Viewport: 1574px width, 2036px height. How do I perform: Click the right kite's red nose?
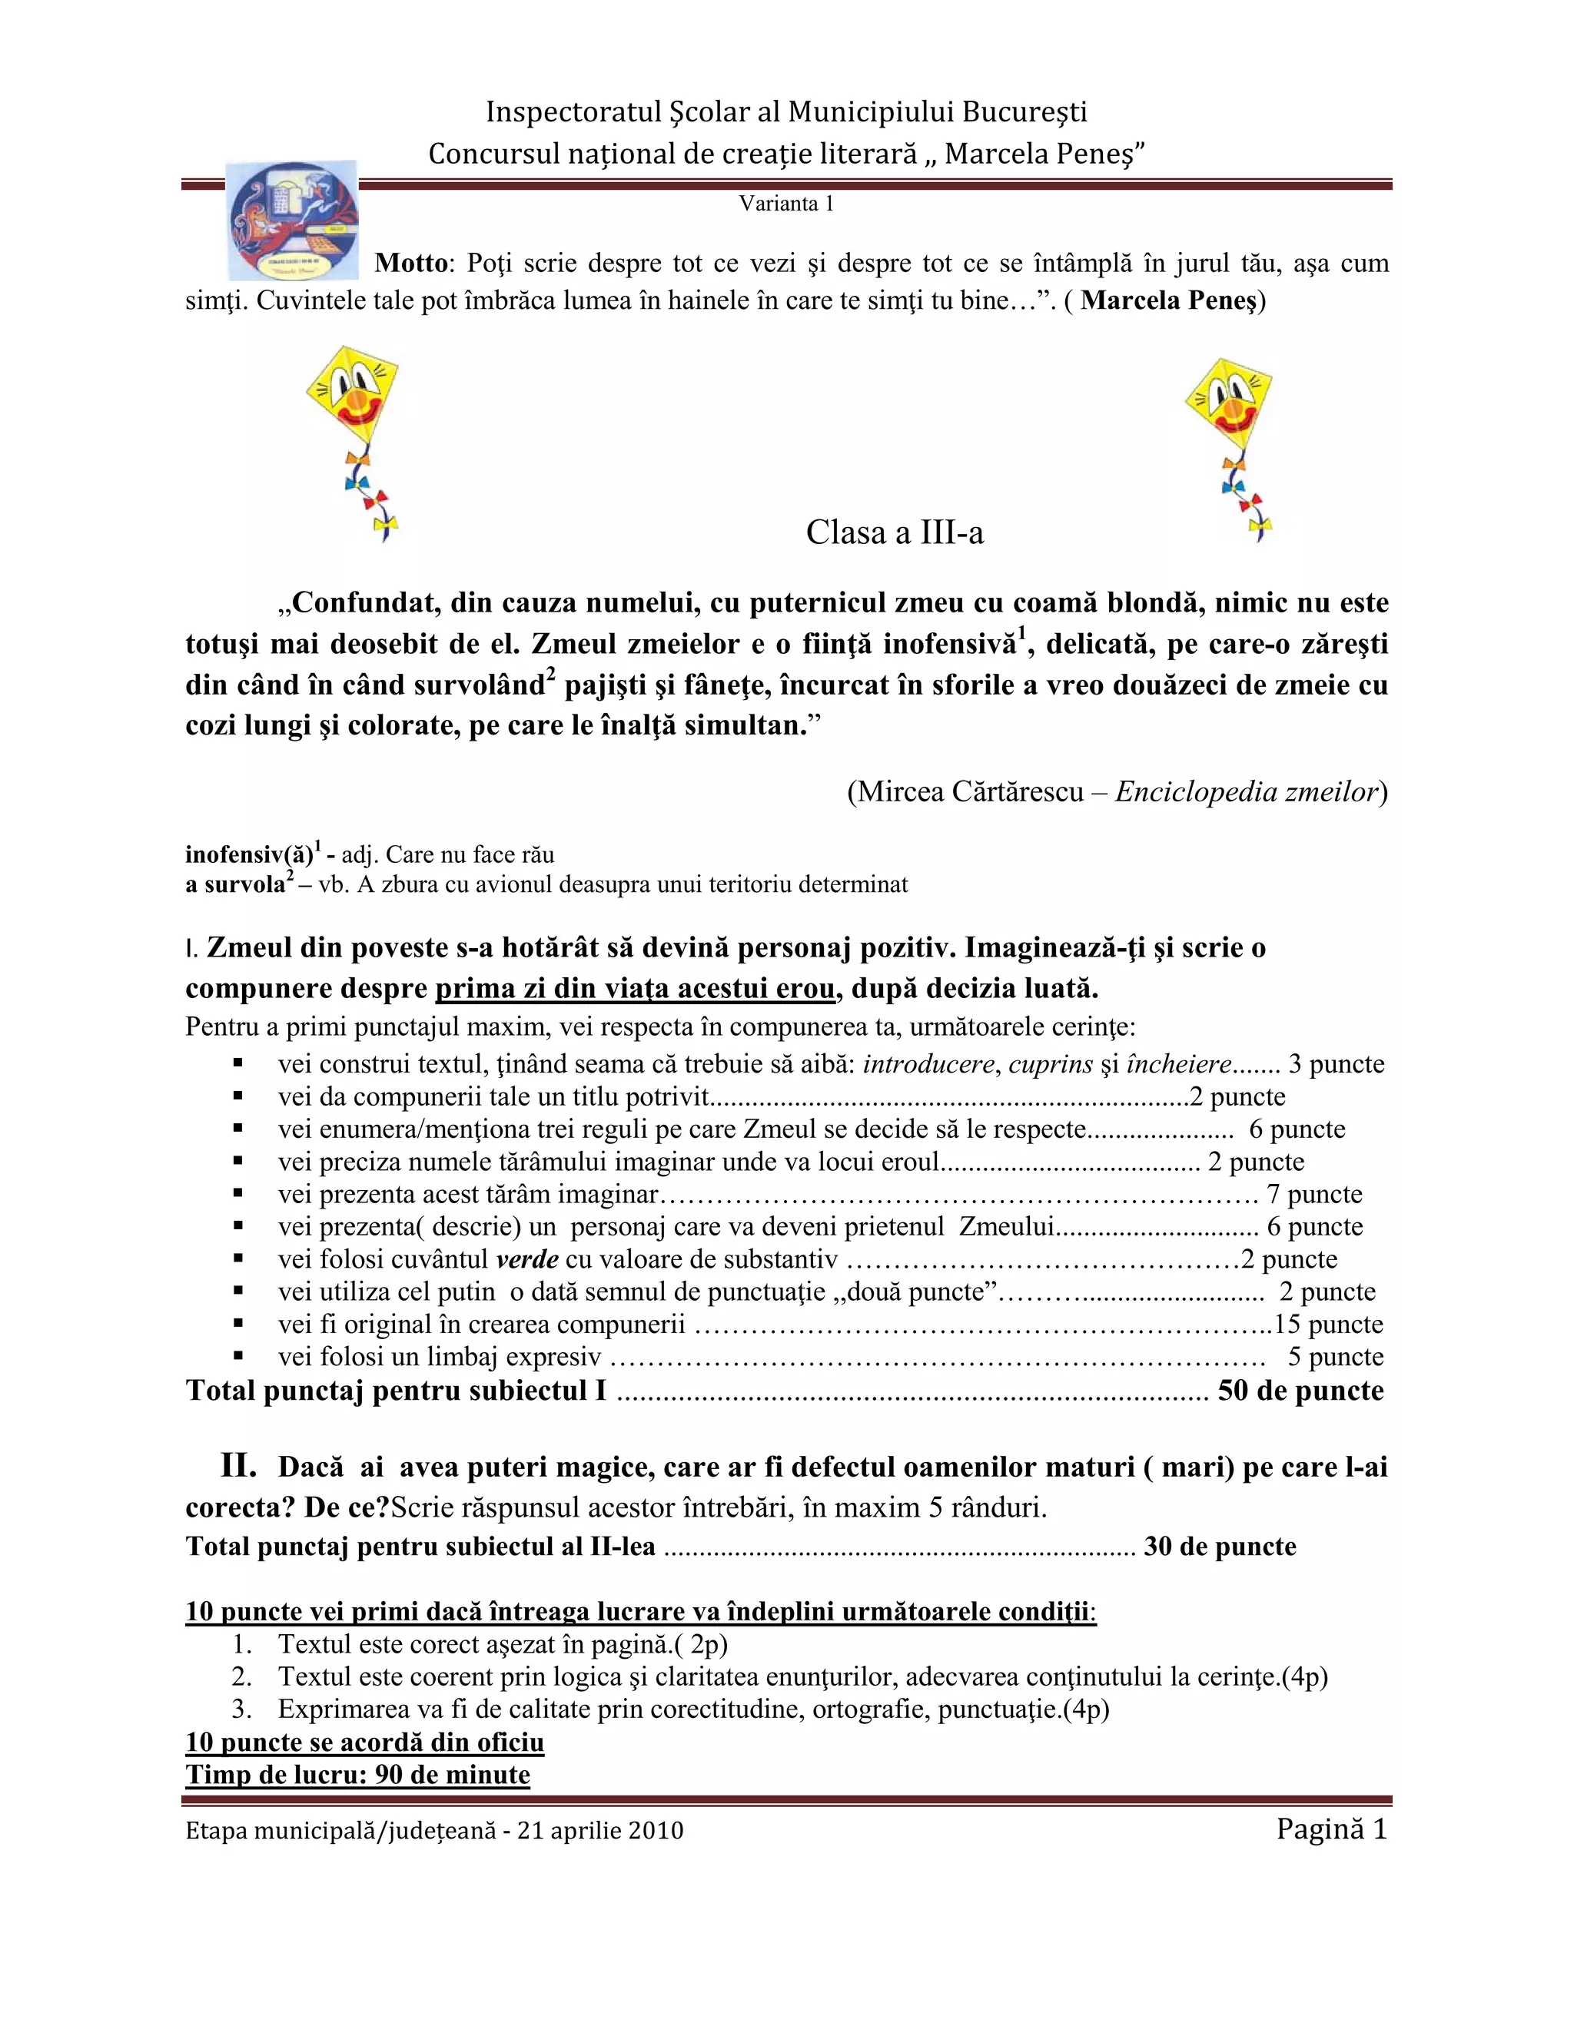point(1233,406)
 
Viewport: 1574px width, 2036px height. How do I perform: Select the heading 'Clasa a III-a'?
point(895,532)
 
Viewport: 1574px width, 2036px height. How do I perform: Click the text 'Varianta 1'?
point(786,204)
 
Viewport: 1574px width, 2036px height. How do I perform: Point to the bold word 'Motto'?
point(411,263)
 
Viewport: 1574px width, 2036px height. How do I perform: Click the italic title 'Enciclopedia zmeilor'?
point(1247,791)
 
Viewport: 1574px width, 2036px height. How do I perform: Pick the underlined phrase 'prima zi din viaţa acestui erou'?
point(635,988)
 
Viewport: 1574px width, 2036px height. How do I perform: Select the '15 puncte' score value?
point(1328,1325)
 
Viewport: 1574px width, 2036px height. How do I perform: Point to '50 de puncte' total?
point(1300,1390)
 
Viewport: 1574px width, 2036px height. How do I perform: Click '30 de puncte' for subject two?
point(1220,1547)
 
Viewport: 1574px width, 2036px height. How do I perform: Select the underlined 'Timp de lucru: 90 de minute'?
point(358,1774)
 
